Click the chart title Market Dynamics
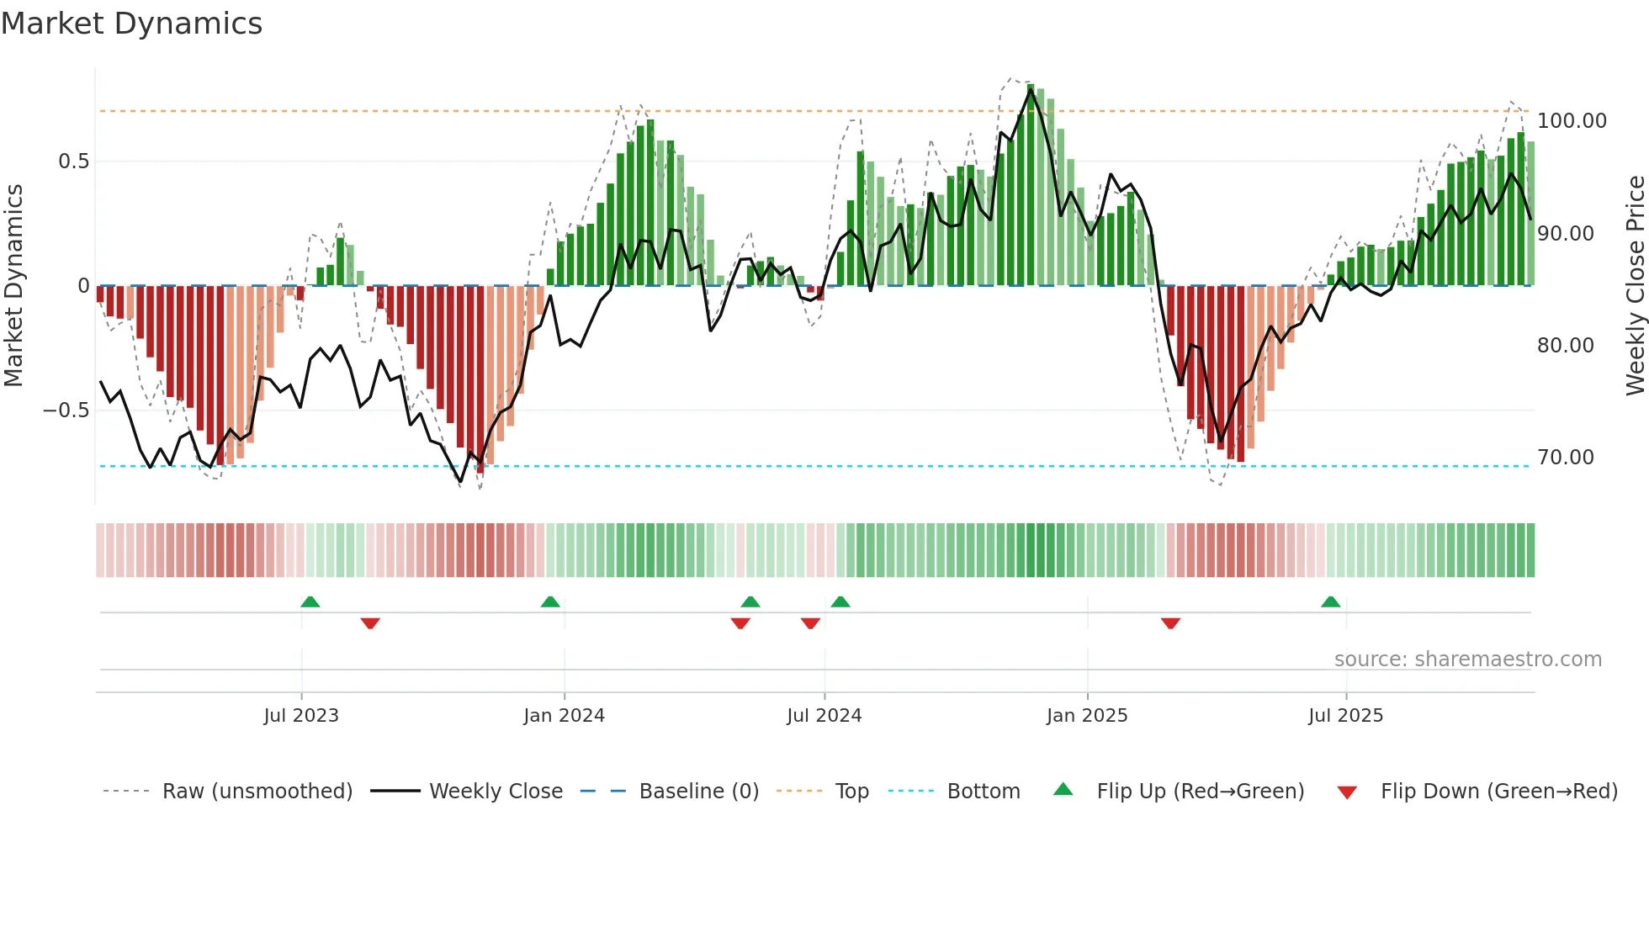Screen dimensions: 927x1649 131,24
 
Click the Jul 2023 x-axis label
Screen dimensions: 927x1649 301,716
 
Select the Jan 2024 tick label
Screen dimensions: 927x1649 564,716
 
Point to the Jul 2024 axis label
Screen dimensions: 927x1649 824,716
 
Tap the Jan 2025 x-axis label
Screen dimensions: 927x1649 1087,716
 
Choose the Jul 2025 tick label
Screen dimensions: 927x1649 1345,716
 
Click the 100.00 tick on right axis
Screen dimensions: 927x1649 1572,121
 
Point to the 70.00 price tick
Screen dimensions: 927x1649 1565,458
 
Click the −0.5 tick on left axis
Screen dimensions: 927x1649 66,411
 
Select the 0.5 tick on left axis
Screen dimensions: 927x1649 73,162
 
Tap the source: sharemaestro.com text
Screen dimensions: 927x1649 1467,659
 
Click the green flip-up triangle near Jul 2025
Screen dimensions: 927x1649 1330,602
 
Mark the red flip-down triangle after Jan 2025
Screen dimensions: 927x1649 1170,623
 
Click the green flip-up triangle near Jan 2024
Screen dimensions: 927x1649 550,602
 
